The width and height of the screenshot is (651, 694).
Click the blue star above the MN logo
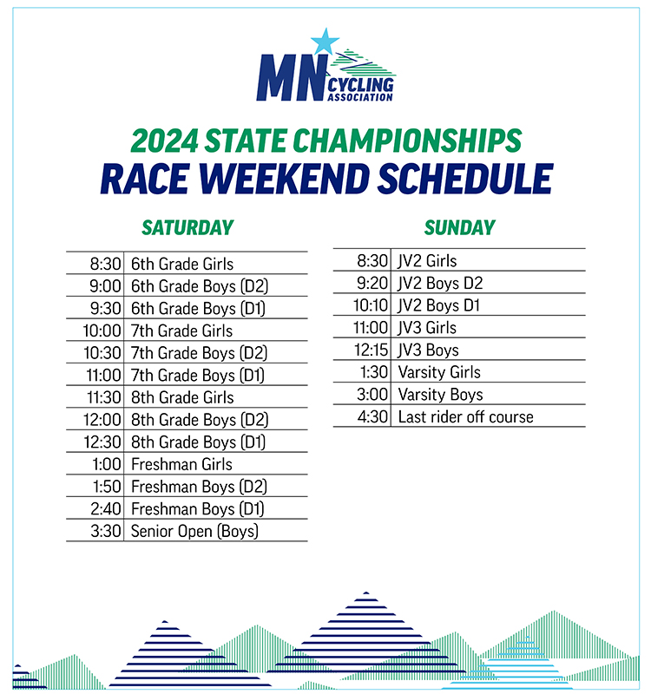[x=325, y=41]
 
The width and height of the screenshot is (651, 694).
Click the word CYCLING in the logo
[x=360, y=84]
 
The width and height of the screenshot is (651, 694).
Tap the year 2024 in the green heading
[x=165, y=141]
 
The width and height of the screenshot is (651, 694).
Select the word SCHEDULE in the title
[x=465, y=179]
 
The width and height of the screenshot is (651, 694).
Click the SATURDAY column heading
[x=187, y=227]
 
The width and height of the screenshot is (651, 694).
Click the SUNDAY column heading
[x=460, y=227]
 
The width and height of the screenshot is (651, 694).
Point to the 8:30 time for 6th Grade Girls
[x=105, y=264]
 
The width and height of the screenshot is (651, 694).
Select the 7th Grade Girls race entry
[x=181, y=331]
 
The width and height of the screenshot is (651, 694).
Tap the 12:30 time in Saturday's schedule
[x=102, y=442]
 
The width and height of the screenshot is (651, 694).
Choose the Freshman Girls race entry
[x=181, y=464]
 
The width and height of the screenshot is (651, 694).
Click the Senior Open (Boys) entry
[x=194, y=531]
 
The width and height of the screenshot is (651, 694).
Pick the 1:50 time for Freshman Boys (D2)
[x=107, y=487]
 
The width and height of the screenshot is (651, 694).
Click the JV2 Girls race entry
[x=427, y=261]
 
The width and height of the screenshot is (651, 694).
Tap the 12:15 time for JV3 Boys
[x=372, y=350]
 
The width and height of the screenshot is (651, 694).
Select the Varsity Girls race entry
[x=439, y=372]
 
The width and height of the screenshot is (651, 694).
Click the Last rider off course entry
[x=466, y=417]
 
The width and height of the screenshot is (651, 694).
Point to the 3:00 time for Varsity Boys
[x=372, y=395]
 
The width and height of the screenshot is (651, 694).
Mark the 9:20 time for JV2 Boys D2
[x=372, y=283]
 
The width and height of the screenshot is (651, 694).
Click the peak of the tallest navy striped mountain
[x=365, y=593]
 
